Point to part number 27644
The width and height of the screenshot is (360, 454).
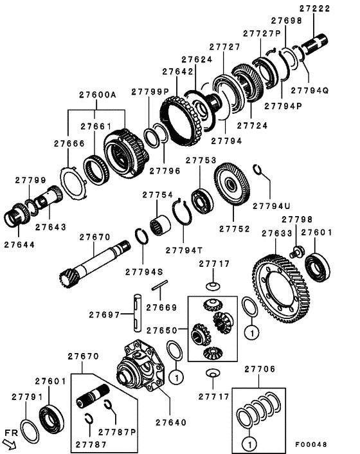(x=19, y=244)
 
